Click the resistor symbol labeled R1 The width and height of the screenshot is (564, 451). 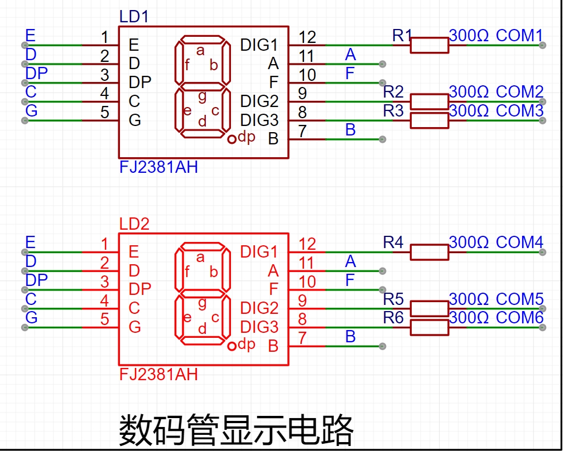pyautogui.click(x=430, y=45)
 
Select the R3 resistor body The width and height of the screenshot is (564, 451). pyautogui.click(x=430, y=120)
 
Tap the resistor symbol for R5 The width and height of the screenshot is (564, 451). pyautogui.click(x=430, y=308)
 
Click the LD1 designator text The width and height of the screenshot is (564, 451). pyautogui.click(x=134, y=17)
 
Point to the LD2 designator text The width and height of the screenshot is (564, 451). pyautogui.click(x=134, y=224)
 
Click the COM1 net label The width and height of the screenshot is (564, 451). pyautogui.click(x=519, y=36)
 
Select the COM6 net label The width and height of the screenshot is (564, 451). pyautogui.click(x=519, y=317)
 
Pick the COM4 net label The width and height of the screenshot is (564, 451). pyautogui.click(x=519, y=242)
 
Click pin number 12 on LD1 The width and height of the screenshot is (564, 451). pyautogui.click(x=307, y=37)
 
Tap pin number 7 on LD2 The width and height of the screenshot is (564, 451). pyautogui.click(x=302, y=338)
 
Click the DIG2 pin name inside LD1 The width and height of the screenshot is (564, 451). pyautogui.click(x=259, y=101)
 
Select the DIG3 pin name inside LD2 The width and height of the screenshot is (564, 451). pyautogui.click(x=259, y=327)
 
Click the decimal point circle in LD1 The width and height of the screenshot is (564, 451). pyautogui.click(x=232, y=139)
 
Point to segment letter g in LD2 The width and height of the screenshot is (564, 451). pyautogui.click(x=202, y=304)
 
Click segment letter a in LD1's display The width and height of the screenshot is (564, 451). pyautogui.click(x=200, y=50)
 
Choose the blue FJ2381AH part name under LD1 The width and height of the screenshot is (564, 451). pyautogui.click(x=158, y=167)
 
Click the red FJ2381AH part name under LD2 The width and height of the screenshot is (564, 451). pyautogui.click(x=158, y=375)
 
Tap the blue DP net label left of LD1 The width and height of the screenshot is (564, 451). pyautogui.click(x=37, y=74)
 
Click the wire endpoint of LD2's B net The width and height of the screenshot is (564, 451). pyautogui.click(x=383, y=346)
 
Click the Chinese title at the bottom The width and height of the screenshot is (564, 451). pyautogui.click(x=236, y=430)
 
